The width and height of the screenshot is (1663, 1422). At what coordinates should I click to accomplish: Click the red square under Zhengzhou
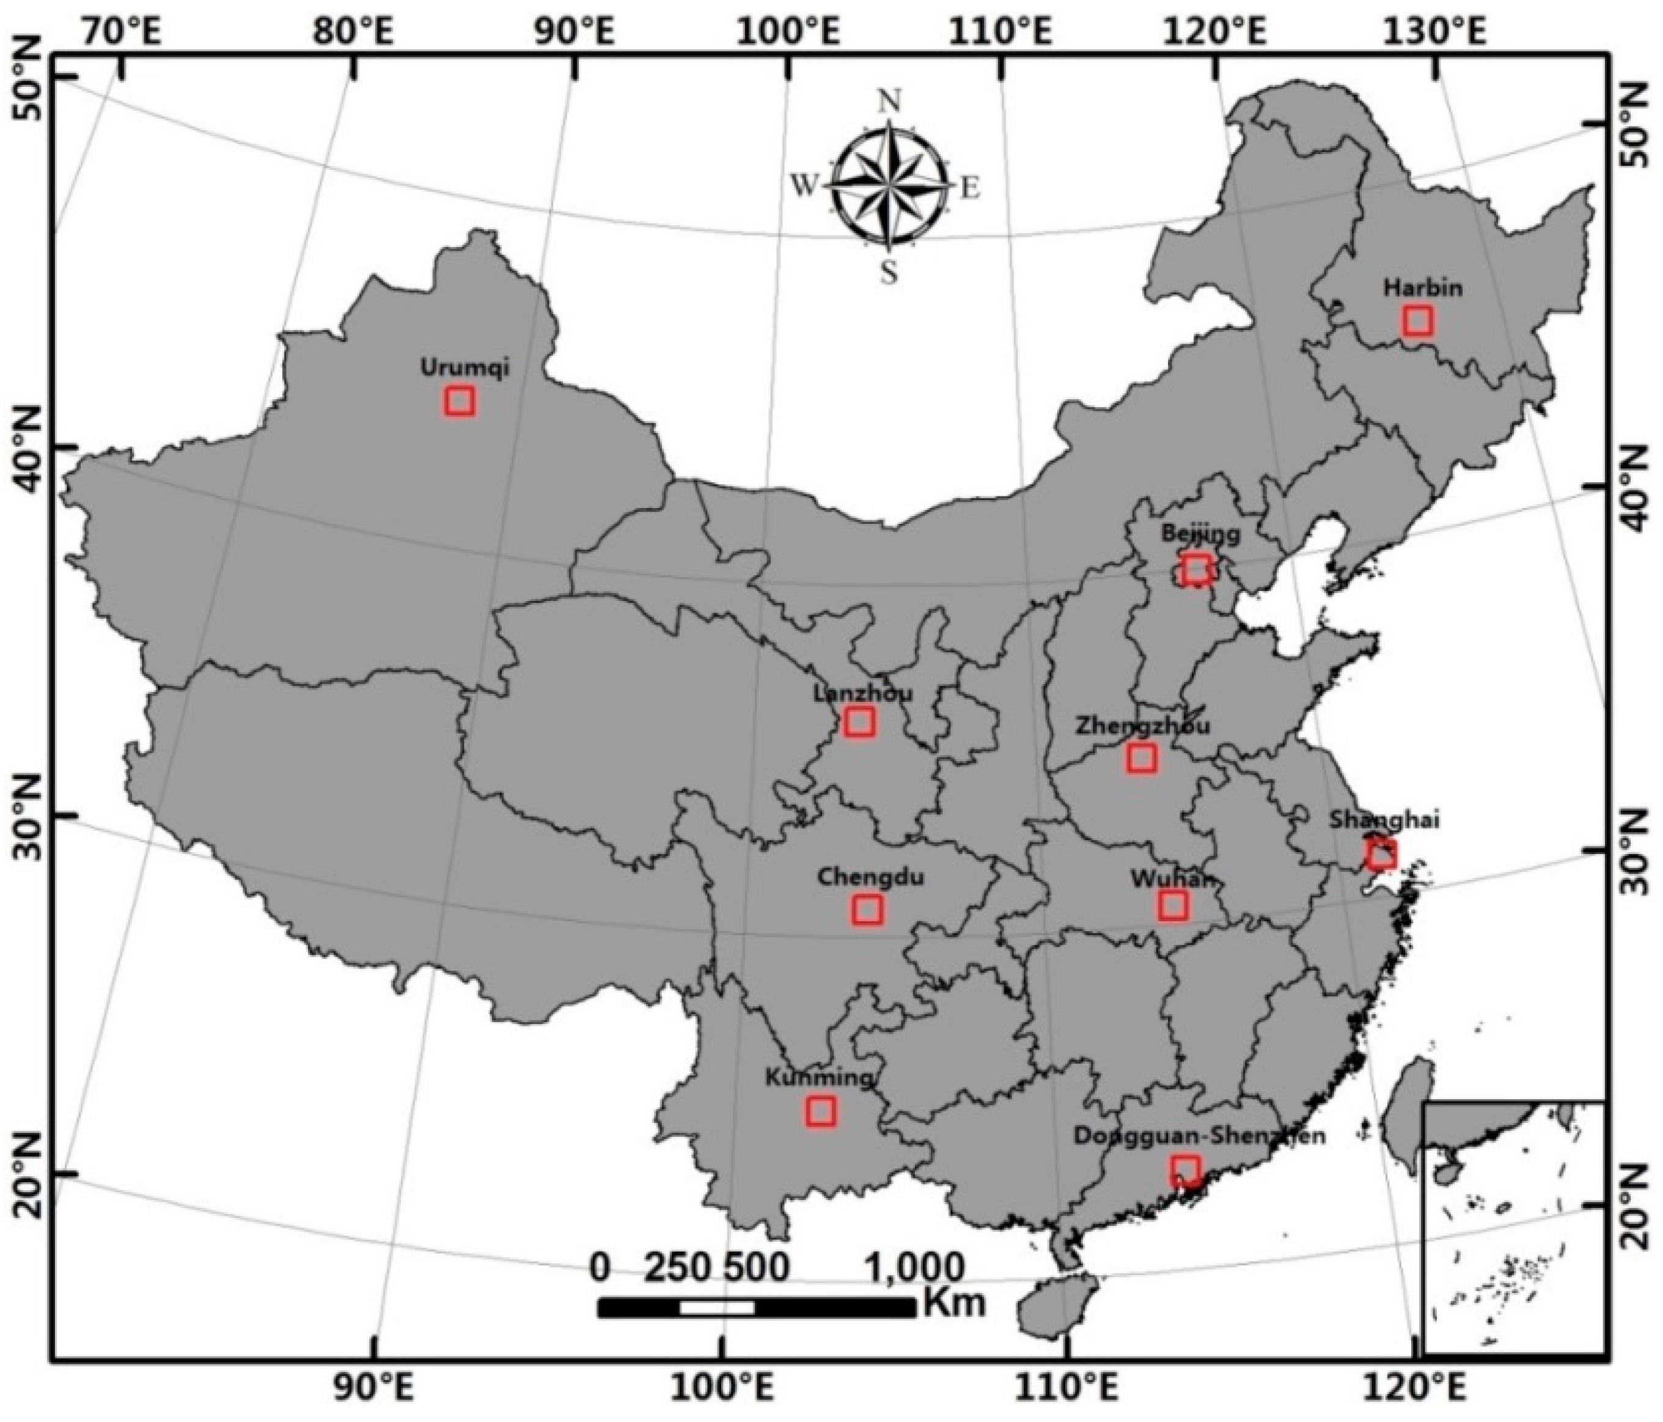1141,758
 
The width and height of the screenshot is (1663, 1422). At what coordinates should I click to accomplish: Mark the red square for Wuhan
1173,905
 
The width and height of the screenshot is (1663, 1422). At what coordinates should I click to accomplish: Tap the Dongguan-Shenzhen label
1199,1136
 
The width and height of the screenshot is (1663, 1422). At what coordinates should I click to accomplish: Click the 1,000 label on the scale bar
915,1269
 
